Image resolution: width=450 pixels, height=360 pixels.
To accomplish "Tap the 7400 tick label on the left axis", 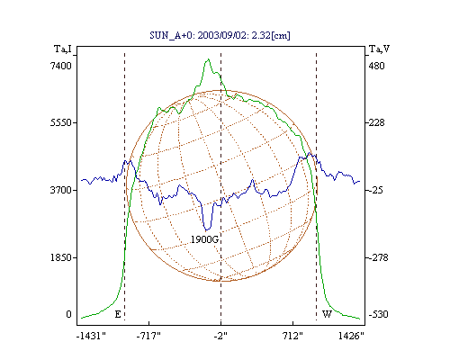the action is [x=61, y=66].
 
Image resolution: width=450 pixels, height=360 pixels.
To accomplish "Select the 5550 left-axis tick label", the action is [x=61, y=122].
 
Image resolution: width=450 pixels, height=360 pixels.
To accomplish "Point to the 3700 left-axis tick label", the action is [x=61, y=190].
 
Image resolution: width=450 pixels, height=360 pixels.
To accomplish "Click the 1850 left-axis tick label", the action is [x=61, y=257].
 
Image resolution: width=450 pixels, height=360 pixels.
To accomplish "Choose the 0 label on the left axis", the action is [x=68, y=314].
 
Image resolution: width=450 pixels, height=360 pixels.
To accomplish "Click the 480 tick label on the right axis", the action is [x=376, y=66].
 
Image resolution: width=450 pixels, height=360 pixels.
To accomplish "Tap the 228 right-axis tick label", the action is [x=376, y=122].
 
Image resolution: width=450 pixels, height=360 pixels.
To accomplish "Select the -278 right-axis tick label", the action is [x=379, y=257].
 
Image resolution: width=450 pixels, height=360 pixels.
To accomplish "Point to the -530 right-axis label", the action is [x=379, y=314].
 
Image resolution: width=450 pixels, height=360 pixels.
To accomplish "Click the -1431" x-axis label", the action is [x=91, y=336].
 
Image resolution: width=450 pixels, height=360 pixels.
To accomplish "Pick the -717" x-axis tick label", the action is [x=148, y=336].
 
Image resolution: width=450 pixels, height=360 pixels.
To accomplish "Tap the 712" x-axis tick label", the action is [x=292, y=336].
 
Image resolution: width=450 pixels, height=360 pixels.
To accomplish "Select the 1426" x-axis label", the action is [x=351, y=336].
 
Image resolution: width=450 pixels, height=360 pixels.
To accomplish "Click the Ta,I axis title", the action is [x=63, y=49].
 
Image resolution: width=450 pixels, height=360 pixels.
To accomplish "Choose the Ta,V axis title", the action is [x=379, y=49].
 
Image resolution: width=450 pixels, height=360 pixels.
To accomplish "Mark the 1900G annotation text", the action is [x=205, y=239].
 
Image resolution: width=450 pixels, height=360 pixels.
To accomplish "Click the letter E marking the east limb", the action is [x=118, y=314].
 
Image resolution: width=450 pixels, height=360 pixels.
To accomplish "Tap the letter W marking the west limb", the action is [x=327, y=314].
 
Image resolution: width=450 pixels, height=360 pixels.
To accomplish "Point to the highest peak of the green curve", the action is [x=208, y=59].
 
